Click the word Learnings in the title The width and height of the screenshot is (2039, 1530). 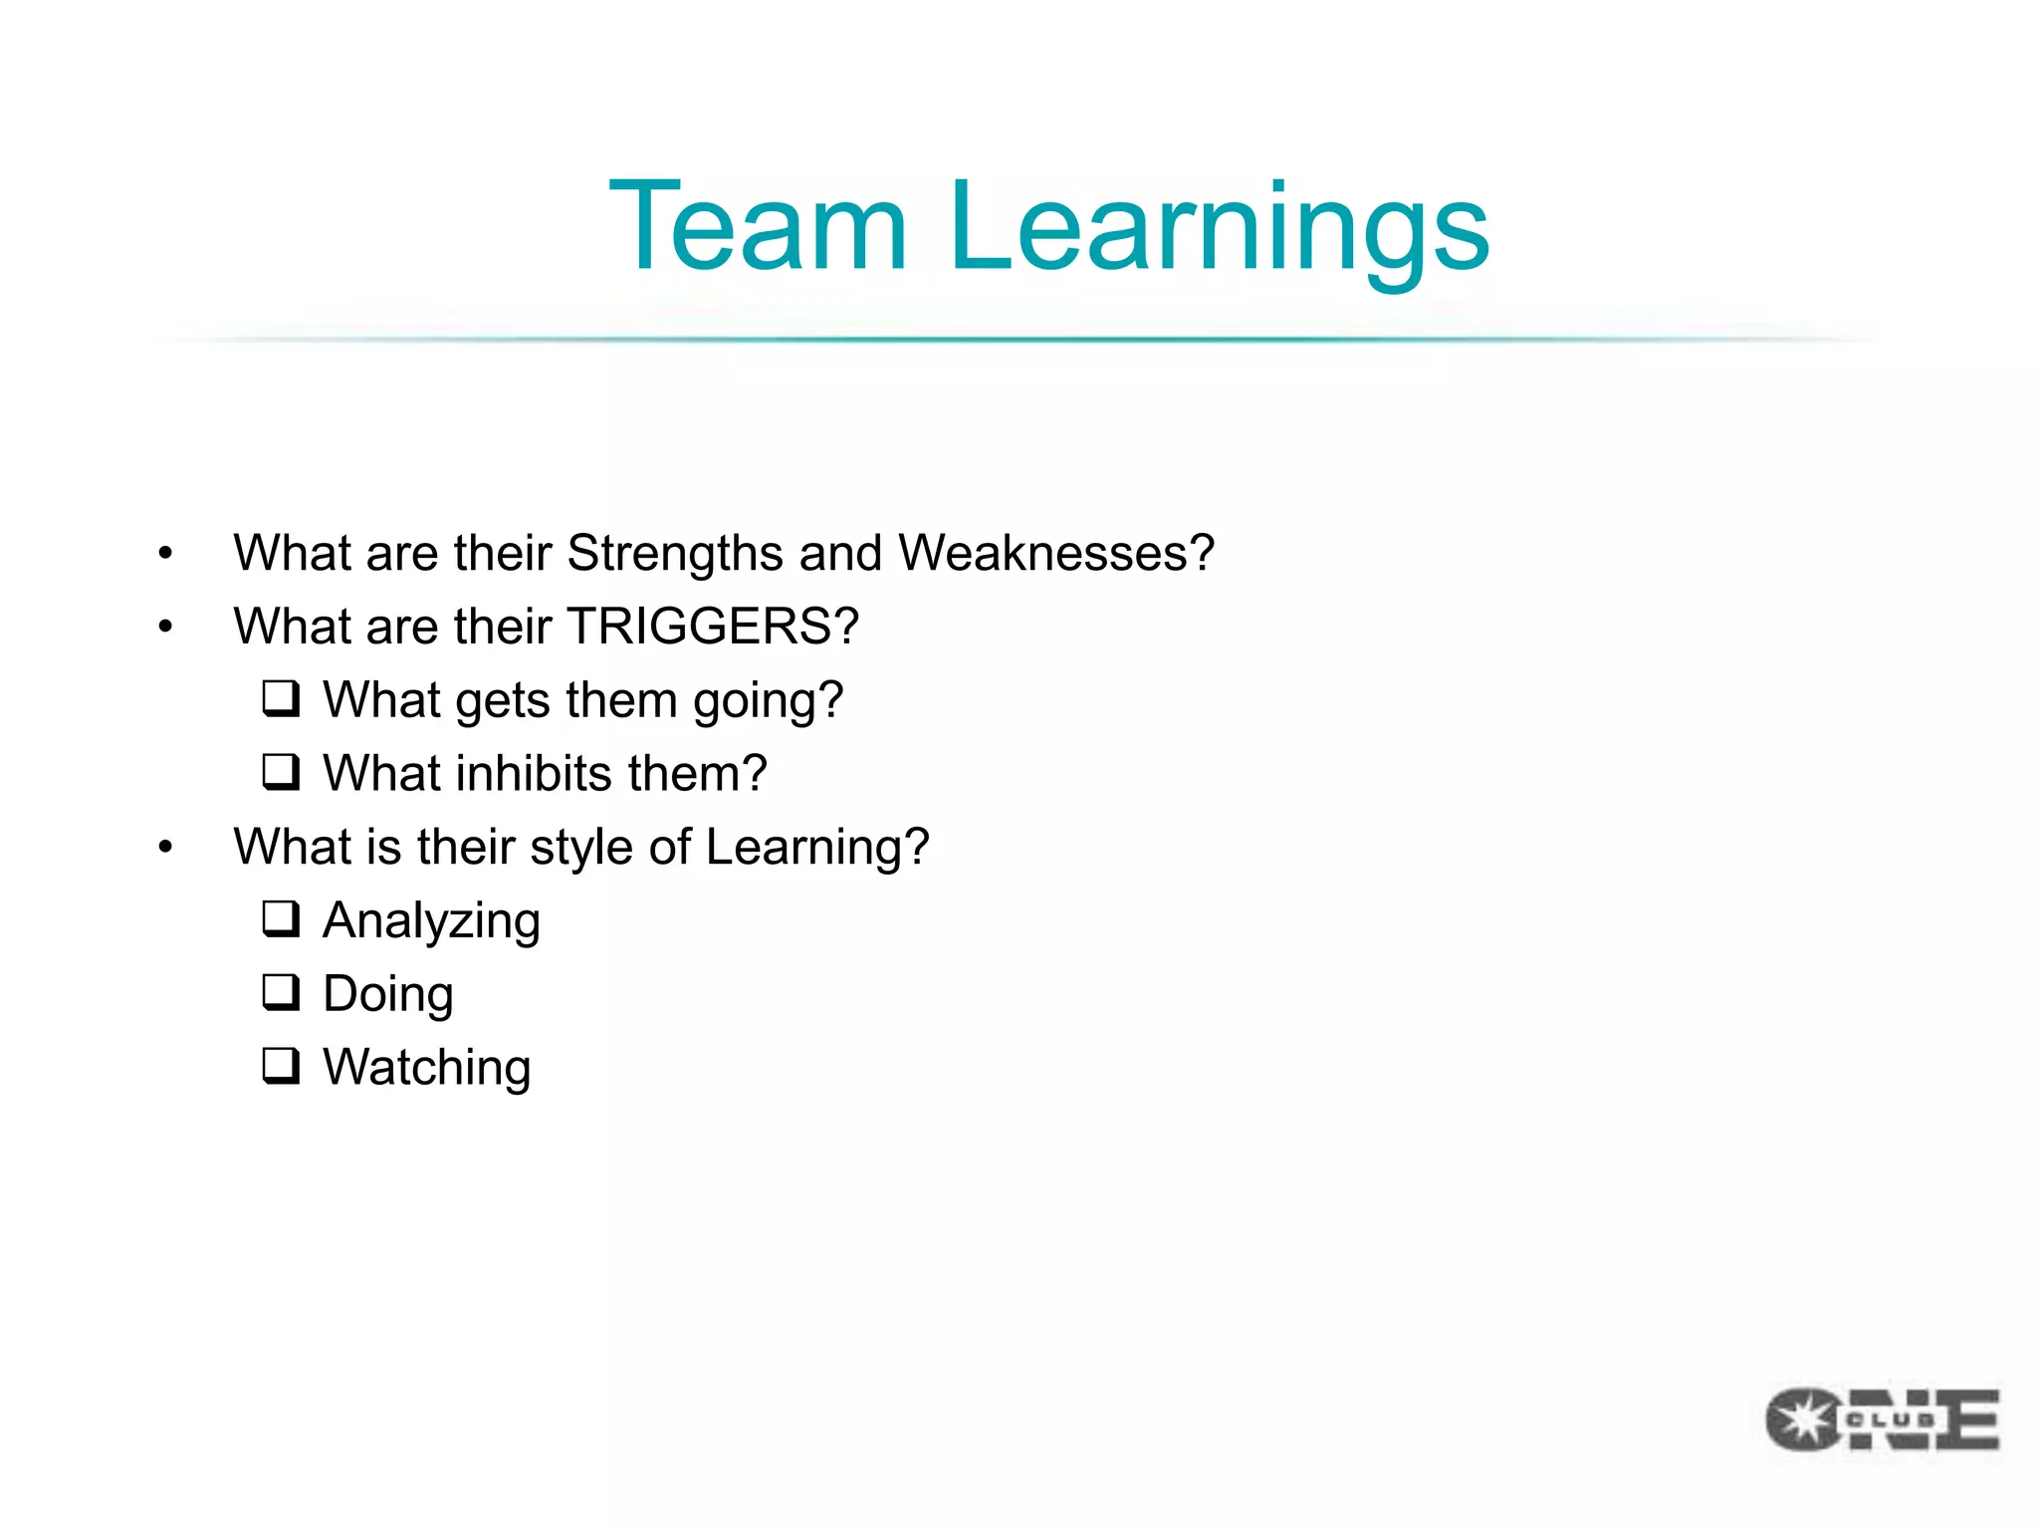coord(1219,229)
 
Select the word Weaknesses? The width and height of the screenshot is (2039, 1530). coord(1056,553)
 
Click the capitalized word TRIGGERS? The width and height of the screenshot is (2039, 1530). coord(713,627)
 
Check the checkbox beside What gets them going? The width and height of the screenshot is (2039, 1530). coord(281,699)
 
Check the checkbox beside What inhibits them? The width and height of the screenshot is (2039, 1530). coord(281,772)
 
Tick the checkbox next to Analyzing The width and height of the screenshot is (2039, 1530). coord(281,919)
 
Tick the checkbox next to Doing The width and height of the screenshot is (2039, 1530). coord(281,993)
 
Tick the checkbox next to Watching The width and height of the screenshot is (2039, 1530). coord(281,1066)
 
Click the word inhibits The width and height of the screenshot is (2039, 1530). coord(534,773)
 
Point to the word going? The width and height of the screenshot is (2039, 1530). coord(768,701)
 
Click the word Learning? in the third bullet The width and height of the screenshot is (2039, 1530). coord(816,848)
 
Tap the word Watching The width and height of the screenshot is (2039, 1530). coord(427,1068)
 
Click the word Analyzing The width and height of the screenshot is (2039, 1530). coord(432,921)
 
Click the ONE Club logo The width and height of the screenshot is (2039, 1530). coord(1883,1419)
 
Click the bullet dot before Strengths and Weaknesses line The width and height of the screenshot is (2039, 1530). coord(165,554)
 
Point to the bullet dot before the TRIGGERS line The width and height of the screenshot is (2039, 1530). coord(165,628)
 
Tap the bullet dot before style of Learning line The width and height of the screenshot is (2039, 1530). coord(165,848)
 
